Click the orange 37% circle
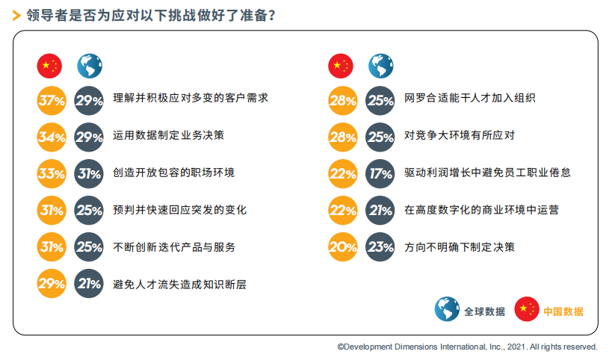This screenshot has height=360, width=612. pyautogui.click(x=52, y=101)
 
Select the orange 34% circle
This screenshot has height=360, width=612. pyautogui.click(x=52, y=137)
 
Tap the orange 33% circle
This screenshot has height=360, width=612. pyautogui.click(x=52, y=173)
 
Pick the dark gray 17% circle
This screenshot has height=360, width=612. pyautogui.click(x=380, y=173)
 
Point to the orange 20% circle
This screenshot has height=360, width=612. pyautogui.click(x=343, y=247)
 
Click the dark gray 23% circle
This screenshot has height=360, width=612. pyautogui.click(x=380, y=247)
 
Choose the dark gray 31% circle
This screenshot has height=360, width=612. pyautogui.click(x=89, y=173)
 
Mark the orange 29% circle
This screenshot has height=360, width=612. pyautogui.click(x=52, y=284)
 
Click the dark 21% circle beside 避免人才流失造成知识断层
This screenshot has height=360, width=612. pyautogui.click(x=89, y=284)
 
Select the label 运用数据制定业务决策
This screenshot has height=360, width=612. pyautogui.click(x=169, y=135)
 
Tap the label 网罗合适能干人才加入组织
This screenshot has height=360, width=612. pyautogui.click(x=470, y=98)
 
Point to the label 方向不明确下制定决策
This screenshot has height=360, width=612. pyautogui.click(x=460, y=247)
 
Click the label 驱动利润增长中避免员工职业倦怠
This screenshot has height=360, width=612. pyautogui.click(x=487, y=173)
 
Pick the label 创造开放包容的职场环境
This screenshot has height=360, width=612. pyautogui.click(x=173, y=173)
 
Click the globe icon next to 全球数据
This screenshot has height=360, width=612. pyautogui.click(x=447, y=309)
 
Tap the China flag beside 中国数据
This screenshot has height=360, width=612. pyautogui.click(x=527, y=309)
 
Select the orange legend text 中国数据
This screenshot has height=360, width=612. pyautogui.click(x=563, y=311)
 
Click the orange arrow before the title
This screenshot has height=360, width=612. pyautogui.click(x=16, y=16)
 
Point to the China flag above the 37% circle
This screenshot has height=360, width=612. pyautogui.click(x=49, y=66)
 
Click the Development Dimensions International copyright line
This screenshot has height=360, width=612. pyautogui.click(x=467, y=347)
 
